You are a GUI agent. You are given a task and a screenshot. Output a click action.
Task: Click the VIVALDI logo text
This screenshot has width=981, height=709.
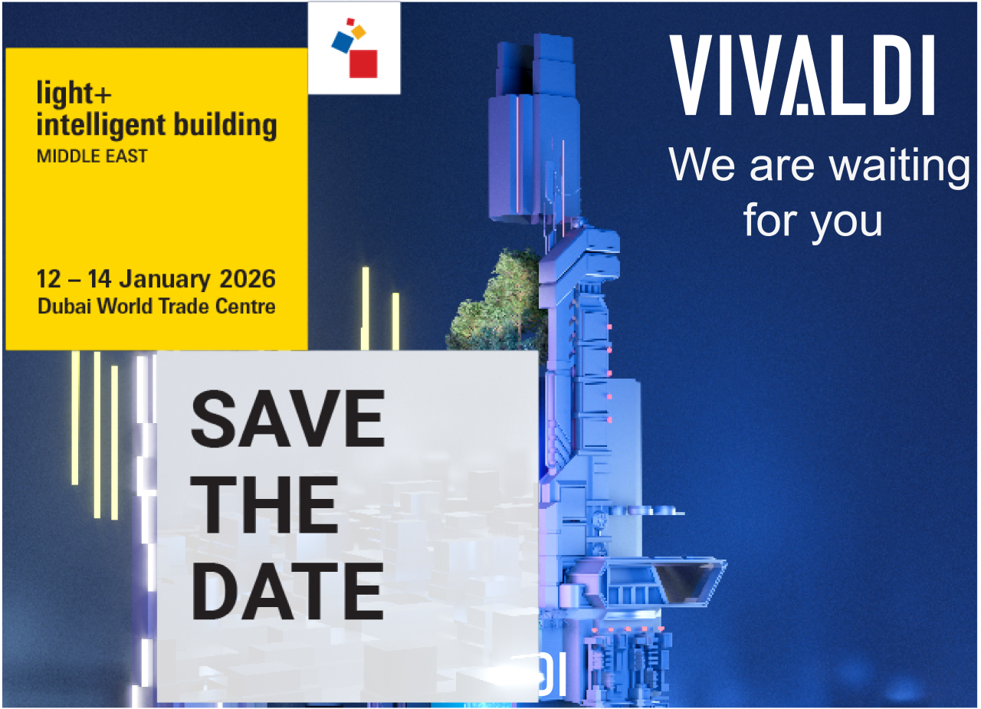802,75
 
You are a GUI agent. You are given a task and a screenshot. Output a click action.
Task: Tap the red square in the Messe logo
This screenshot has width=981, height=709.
363,64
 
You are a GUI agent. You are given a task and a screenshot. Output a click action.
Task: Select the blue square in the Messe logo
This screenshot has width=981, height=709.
341,42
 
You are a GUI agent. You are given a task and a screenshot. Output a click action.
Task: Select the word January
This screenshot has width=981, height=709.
166,278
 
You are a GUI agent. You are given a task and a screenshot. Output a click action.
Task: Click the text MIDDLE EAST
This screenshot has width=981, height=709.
92,156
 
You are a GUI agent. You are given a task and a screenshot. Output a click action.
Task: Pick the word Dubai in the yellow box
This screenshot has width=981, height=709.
62,307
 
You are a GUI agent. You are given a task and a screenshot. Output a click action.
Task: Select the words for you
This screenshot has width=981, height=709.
812,220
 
